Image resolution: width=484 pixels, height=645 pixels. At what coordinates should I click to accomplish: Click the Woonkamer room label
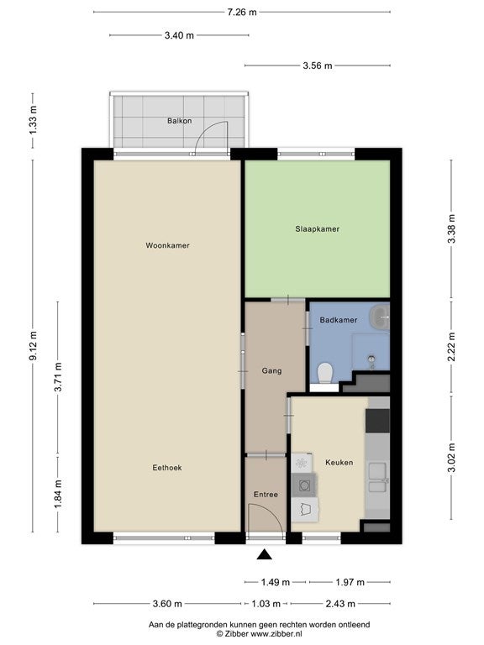coord(167,245)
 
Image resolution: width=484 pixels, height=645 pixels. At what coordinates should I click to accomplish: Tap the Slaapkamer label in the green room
coord(318,229)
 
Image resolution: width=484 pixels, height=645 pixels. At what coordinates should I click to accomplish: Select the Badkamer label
coord(339,320)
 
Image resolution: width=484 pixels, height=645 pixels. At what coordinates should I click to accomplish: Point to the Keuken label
coord(339,463)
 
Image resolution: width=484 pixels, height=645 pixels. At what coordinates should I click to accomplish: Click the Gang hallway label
coord(271,371)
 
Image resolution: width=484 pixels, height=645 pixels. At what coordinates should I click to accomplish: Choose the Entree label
coord(266,495)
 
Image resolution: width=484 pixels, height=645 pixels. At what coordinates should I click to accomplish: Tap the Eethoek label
coord(167,468)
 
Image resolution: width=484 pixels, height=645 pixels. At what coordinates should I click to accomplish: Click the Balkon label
coord(180,121)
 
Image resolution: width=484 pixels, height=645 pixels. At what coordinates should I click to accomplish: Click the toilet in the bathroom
coord(325,372)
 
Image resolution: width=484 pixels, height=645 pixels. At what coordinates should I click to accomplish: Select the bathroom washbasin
coord(380,317)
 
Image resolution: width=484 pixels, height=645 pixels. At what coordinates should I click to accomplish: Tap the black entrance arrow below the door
coord(265,554)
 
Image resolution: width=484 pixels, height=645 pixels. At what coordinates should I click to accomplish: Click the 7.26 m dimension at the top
coord(242,12)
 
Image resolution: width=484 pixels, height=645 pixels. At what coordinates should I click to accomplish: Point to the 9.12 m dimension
coord(33,345)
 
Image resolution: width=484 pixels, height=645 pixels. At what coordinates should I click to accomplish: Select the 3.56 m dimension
coord(318,66)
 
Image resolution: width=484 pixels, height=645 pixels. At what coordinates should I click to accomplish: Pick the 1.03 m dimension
coord(266,604)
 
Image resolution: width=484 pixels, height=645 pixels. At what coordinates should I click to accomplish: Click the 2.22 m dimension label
coord(451,346)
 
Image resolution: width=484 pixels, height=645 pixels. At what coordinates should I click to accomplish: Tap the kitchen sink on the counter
coord(377,478)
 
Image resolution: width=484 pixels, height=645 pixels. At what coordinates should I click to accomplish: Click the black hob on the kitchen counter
coord(377,421)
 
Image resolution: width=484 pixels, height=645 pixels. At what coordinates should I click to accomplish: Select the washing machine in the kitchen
coord(303,485)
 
